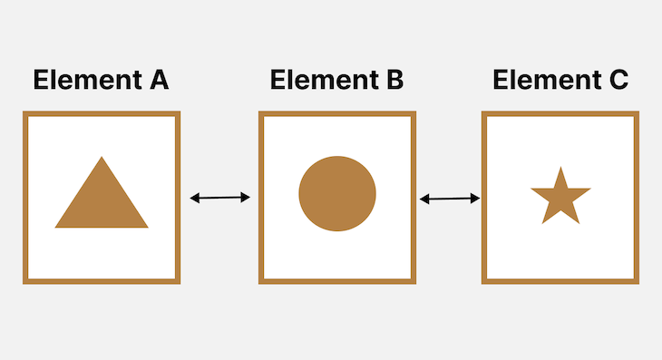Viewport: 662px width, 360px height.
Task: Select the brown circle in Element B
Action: click(x=337, y=193)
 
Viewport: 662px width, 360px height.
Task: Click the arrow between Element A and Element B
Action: click(x=219, y=197)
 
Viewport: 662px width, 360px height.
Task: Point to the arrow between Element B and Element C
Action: click(x=450, y=198)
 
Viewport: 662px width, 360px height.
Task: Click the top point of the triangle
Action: click(x=102, y=158)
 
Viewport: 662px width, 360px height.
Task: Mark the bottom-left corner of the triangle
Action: click(x=57, y=226)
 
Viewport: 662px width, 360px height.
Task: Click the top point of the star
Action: click(x=560, y=168)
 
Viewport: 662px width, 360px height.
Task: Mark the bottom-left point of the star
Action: click(x=544, y=221)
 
